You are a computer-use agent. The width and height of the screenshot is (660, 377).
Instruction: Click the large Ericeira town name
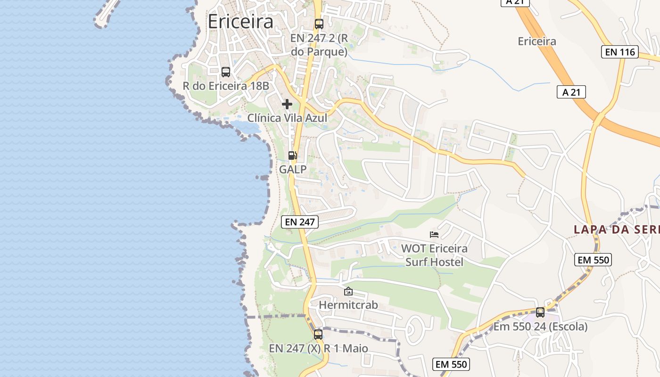tap(240, 22)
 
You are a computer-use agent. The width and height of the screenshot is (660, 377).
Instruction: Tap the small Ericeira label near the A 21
tap(537, 41)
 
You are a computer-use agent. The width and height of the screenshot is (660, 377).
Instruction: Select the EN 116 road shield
tap(620, 52)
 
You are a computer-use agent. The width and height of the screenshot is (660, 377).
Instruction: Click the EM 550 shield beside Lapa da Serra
tap(593, 259)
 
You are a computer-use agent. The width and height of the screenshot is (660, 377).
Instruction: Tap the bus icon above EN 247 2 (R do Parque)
tap(319, 24)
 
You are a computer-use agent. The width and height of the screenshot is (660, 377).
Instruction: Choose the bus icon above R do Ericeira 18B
tap(226, 72)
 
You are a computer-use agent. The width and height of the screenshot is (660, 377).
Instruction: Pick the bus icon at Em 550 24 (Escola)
tap(540, 312)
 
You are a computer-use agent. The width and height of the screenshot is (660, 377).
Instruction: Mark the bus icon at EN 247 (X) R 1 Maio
tap(318, 335)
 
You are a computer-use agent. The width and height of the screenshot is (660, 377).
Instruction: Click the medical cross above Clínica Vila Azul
tap(287, 104)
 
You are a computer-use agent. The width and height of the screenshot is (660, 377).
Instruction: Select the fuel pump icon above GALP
tap(292, 156)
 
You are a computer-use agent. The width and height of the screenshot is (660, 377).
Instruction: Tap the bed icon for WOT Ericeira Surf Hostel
tap(434, 234)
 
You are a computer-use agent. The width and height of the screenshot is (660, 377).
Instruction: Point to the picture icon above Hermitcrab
tap(348, 292)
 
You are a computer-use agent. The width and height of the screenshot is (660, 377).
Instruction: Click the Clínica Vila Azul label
tap(288, 118)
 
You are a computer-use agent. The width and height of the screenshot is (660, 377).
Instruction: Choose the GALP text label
tap(293, 170)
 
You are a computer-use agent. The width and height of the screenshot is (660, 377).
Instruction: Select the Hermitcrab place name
tap(348, 305)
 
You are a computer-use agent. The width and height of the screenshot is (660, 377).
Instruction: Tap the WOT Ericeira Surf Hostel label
tap(434, 255)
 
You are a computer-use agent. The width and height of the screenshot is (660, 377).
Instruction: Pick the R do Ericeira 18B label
tap(226, 86)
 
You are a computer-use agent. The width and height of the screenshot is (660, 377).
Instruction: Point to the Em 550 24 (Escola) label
tap(541, 326)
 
